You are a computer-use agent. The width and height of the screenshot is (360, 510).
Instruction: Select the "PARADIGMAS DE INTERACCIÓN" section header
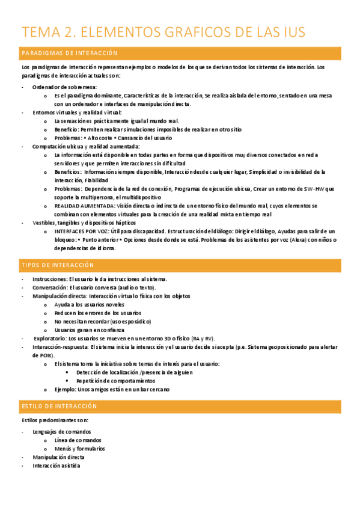pyautogui.click(x=70, y=54)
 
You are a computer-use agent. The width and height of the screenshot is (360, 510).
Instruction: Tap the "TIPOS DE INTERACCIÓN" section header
pyautogui.click(x=58, y=265)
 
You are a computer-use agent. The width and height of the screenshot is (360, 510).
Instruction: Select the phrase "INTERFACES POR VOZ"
pyautogui.click(x=81, y=231)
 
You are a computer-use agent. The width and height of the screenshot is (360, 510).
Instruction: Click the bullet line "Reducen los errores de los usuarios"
pyautogui.click(x=97, y=313)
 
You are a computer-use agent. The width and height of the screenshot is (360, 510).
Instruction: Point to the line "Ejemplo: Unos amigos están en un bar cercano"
pyautogui.click(x=112, y=389)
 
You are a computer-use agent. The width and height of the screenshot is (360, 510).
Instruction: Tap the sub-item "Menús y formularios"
pyautogui.click(x=79, y=448)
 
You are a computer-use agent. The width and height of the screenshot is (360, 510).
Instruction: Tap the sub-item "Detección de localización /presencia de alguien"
pyautogui.click(x=135, y=372)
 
